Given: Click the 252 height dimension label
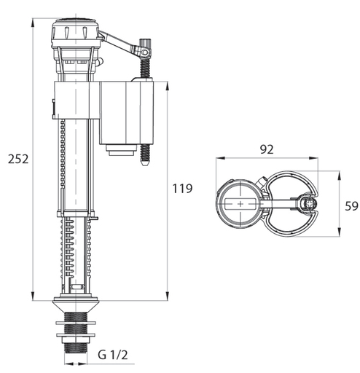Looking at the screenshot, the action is coord(18,159).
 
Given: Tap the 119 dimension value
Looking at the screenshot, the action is coord(182,189).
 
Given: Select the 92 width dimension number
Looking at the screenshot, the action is coord(267,149).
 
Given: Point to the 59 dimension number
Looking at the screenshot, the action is coord(351,206).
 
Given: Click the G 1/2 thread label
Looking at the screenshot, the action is coord(113,355).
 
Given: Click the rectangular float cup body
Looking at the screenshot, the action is coord(127,113).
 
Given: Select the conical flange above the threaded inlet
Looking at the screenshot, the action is coord(76,306).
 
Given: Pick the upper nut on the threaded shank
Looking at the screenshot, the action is coord(76,323).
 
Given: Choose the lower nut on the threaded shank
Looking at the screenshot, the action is coord(76,335).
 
